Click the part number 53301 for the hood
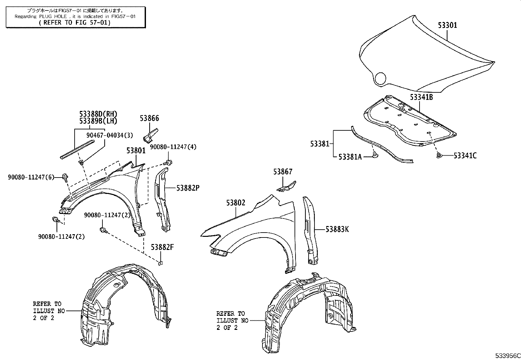point(447,25)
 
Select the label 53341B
point(421,97)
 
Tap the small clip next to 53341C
point(440,155)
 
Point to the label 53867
point(283,172)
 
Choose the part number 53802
point(235,203)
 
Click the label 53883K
point(337,229)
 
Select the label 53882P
point(188,188)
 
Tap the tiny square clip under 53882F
point(160,262)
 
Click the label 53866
point(149,118)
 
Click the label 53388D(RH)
point(98,114)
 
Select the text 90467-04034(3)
point(110,135)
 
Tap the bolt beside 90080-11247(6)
point(65,177)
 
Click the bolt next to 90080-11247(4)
point(169,162)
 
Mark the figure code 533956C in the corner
point(507,356)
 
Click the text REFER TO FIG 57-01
point(75,23)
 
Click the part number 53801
point(136,150)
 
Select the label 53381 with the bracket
point(320,143)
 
